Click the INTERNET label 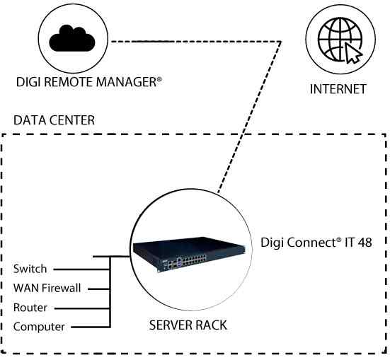coord(338,89)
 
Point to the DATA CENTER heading coord(54,120)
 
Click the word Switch coord(30,269)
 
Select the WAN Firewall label coord(47,288)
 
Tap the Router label coord(30,308)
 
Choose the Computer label coord(39,327)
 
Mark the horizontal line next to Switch coord(81,269)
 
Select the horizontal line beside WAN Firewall coord(98,289)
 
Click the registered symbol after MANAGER coord(160,80)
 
